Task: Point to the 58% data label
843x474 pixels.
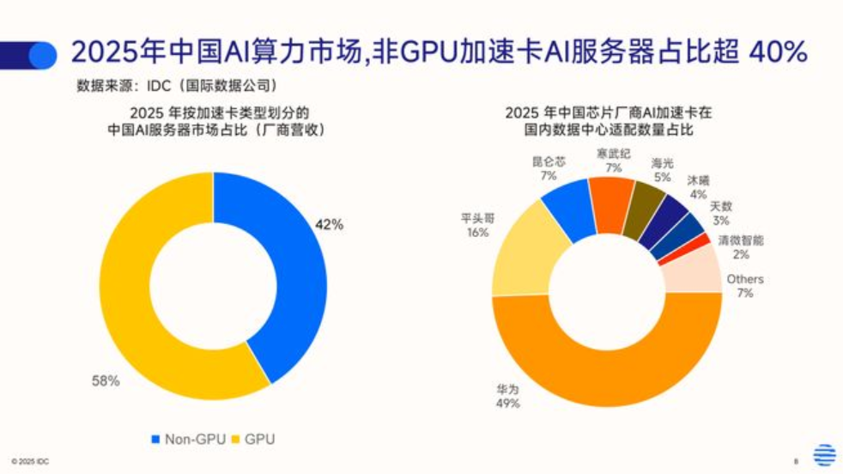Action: (x=106, y=380)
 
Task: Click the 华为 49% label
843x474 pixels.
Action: (x=507, y=396)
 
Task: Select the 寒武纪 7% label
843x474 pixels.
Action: (x=613, y=160)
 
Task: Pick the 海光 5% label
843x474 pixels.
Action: (x=662, y=169)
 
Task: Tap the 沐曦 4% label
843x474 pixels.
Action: (x=698, y=187)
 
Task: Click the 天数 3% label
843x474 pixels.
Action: (x=721, y=214)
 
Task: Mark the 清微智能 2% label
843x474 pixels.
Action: (x=740, y=247)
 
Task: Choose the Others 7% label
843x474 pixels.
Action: (x=744, y=286)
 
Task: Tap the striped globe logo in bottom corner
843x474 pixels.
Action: (x=824, y=454)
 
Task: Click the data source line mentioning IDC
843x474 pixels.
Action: (x=176, y=86)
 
